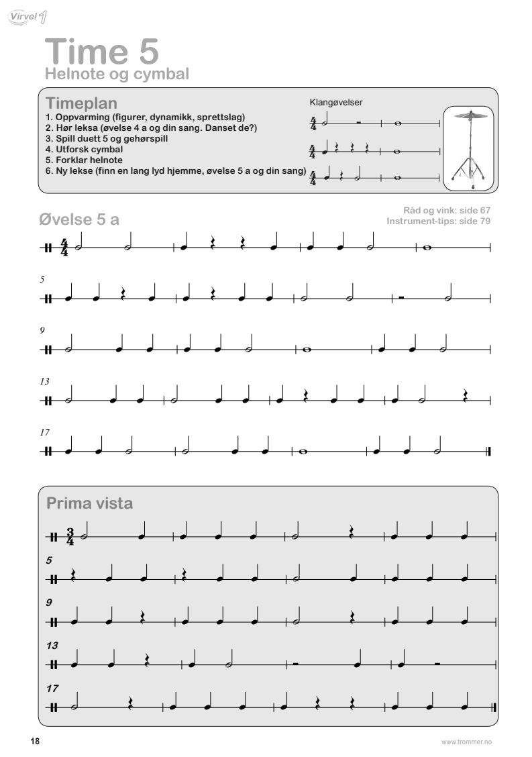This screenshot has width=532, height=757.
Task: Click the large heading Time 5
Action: [x=102, y=51]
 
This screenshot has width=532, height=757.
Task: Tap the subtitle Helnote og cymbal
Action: [x=116, y=74]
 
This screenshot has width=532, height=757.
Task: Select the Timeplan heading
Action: [x=81, y=103]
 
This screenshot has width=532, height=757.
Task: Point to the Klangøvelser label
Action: [x=336, y=103]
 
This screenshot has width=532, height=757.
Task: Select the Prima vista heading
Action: [x=89, y=503]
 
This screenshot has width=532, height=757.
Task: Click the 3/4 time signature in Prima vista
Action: [x=70, y=537]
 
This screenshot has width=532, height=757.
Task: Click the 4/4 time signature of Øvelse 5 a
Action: [x=64, y=247]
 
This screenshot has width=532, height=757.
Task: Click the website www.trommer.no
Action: [x=466, y=742]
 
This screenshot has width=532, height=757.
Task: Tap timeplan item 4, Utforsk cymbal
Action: [x=84, y=149]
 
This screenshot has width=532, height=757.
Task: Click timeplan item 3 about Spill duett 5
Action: [x=106, y=138]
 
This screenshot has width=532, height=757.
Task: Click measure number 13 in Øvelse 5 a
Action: [x=45, y=381]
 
